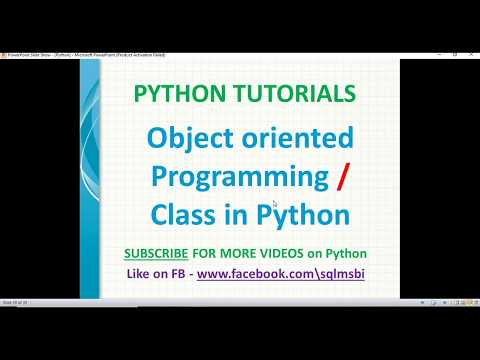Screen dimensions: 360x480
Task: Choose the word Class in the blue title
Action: [x=185, y=213]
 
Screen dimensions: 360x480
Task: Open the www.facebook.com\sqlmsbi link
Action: [x=280, y=271]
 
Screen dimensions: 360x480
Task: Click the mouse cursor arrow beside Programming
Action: [x=275, y=205]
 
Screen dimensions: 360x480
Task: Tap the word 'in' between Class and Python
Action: [x=237, y=213]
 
